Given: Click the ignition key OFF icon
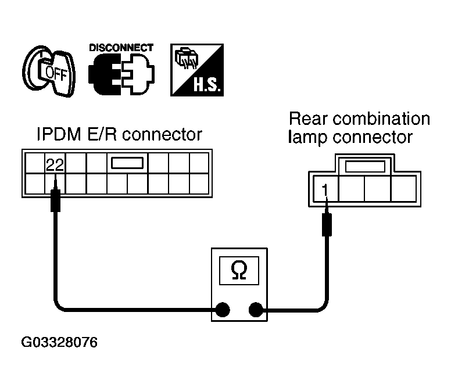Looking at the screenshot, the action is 49,71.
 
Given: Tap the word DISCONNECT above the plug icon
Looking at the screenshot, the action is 121,48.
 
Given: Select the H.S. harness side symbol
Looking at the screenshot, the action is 197,70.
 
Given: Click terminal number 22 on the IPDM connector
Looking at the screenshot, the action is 55,165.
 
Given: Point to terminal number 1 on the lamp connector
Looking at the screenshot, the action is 325,191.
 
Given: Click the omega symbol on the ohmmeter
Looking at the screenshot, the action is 239,270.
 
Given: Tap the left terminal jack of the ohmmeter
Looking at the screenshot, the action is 223,310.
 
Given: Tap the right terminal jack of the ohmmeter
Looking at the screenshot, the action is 256,310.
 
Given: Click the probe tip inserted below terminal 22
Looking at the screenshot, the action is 56,184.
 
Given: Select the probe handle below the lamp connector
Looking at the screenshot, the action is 327,224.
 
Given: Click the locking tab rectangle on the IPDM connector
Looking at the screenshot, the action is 127,163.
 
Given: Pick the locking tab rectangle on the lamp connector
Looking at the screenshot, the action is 365,167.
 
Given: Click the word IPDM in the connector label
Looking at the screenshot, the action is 59,134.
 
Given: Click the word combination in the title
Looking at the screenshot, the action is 381,119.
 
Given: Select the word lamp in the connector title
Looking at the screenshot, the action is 307,138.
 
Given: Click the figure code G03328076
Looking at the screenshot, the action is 59,342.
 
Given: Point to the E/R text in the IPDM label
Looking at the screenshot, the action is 102,134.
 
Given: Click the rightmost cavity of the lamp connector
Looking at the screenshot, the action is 403,189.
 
